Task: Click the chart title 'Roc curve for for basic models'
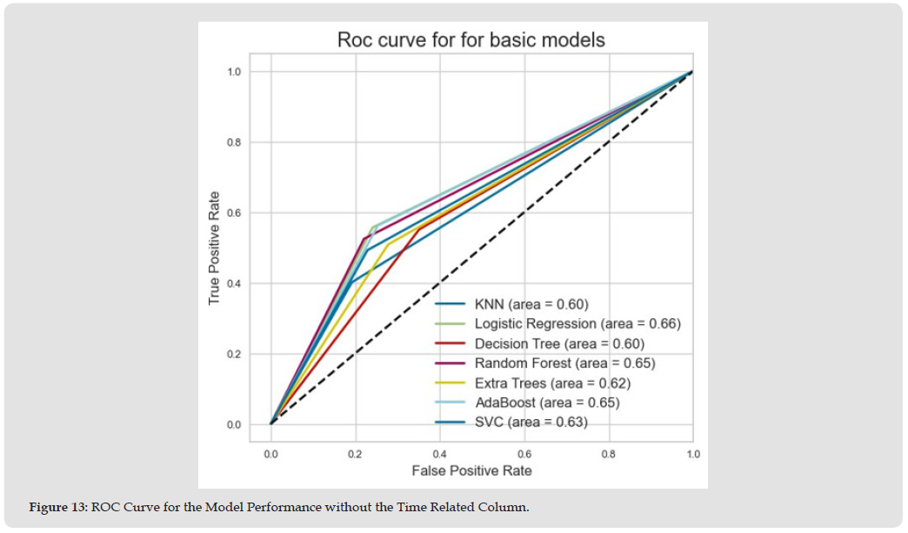point(471,40)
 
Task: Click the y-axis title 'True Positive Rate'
point(214,248)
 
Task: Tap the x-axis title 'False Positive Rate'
point(471,470)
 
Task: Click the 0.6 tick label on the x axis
point(524,454)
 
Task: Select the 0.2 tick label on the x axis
point(356,454)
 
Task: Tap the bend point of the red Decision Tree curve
point(419,229)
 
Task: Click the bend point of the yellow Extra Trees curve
point(387,244)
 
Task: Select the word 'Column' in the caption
point(505,508)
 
